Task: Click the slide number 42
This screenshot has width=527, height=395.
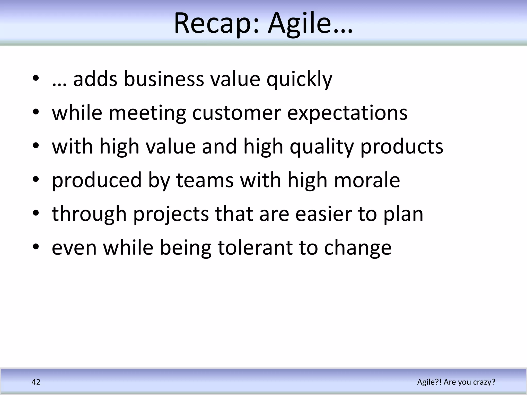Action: pyautogui.click(x=36, y=382)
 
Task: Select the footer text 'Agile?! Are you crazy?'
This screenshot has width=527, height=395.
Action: pyautogui.click(x=456, y=382)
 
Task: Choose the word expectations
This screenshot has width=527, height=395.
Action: pyautogui.click(x=347, y=113)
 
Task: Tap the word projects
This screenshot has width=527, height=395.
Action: pyautogui.click(x=171, y=214)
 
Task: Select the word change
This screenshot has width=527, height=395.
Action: pyautogui.click(x=358, y=248)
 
